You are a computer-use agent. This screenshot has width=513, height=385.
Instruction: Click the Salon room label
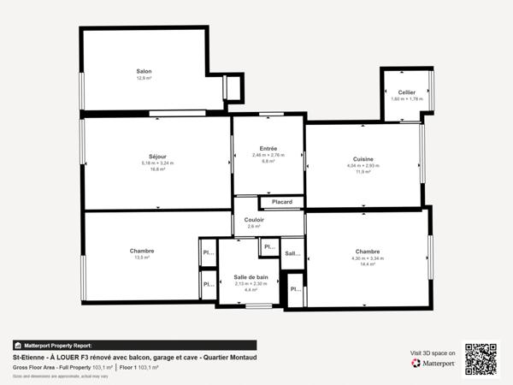click(x=144, y=71)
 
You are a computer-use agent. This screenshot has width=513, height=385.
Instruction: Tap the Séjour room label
click(x=156, y=156)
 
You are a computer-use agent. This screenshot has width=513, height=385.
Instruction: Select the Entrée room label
click(x=268, y=148)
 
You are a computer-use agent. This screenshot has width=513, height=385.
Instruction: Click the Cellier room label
click(x=406, y=92)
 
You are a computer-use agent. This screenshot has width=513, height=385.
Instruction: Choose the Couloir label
click(x=254, y=220)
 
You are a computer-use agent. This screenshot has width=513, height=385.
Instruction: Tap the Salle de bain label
click(x=251, y=276)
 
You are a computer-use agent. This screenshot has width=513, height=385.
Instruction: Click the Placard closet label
click(x=282, y=202)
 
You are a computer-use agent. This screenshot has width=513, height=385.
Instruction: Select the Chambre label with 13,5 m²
click(x=142, y=251)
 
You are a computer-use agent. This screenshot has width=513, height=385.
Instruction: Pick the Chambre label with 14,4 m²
click(x=368, y=251)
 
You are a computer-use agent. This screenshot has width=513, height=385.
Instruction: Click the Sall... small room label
click(x=292, y=253)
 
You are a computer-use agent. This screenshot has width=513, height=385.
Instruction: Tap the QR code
click(x=481, y=358)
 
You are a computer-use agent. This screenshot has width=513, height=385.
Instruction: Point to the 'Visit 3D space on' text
click(x=433, y=352)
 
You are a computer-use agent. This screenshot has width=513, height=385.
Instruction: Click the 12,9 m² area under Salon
click(x=144, y=78)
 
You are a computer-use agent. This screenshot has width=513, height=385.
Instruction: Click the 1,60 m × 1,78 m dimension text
click(x=406, y=98)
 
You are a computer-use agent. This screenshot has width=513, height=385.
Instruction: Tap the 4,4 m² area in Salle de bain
click(x=251, y=290)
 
